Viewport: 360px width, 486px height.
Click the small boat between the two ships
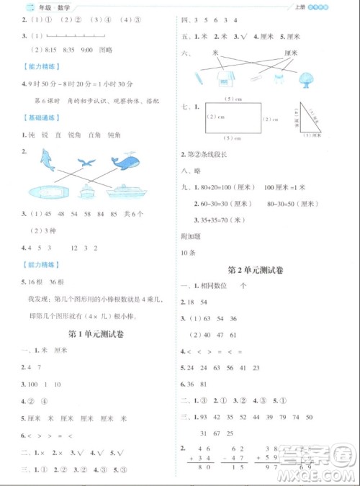pos(89,191)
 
